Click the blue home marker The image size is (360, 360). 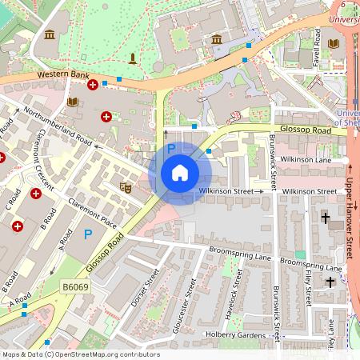[180, 173]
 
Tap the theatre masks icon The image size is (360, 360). [126, 187]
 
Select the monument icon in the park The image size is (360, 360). [132, 58]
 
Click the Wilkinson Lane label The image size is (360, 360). [311, 160]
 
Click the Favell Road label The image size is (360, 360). [317, 48]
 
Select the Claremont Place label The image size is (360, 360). [93, 209]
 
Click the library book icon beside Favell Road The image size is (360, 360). [334, 43]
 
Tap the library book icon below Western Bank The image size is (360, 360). [73, 102]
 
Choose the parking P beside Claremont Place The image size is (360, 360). [88, 234]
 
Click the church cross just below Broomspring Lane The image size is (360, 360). [330, 281]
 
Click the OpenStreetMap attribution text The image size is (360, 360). [80, 354]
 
